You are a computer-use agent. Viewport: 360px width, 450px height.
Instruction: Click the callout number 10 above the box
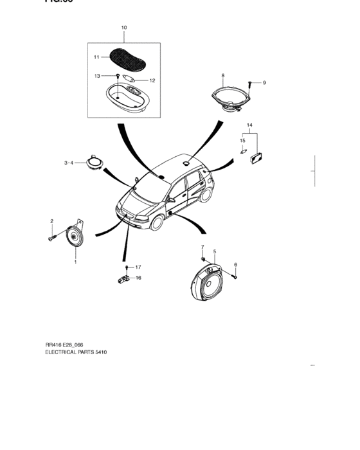[x=124, y=28]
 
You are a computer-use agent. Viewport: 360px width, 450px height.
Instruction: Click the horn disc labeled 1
[x=74, y=238]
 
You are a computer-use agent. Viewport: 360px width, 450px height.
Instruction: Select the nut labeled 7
[x=203, y=258]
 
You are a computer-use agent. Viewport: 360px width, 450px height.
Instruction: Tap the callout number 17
[x=138, y=266]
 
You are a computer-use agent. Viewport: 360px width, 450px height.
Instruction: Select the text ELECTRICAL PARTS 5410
[x=76, y=353]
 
